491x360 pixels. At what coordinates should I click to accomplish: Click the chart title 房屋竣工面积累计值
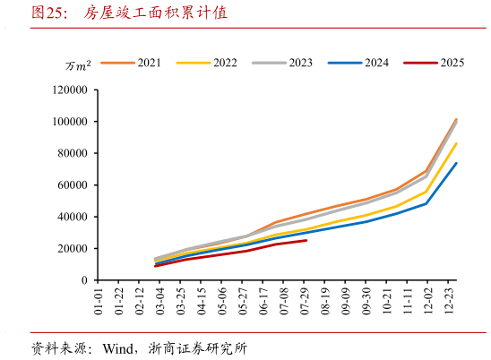[x=155, y=13]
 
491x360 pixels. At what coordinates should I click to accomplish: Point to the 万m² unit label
[x=78, y=66]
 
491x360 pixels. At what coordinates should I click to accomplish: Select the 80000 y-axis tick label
[x=71, y=154]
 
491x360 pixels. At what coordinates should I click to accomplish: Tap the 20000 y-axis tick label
[x=71, y=249]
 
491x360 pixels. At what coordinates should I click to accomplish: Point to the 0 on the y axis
[x=82, y=280]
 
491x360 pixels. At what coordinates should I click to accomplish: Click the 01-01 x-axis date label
[x=99, y=300]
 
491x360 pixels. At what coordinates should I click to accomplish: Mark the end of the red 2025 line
[x=306, y=240]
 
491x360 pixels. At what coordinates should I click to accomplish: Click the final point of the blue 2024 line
[x=456, y=163]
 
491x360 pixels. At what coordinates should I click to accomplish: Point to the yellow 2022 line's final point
[x=456, y=143]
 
